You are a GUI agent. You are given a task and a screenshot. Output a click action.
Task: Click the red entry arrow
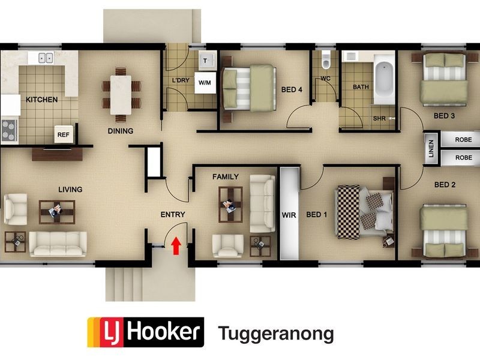pos(176,245)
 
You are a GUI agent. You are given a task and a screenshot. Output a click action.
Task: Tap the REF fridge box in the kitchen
pos(64,135)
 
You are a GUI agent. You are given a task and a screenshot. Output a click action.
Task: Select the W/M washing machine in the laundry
pos(204,83)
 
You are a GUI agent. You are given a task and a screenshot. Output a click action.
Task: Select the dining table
pos(121,94)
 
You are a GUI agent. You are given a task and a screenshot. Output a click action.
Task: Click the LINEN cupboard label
pos(431,149)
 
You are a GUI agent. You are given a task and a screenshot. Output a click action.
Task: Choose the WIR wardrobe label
pos(289,215)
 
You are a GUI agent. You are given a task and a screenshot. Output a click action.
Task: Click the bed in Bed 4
pos(247,87)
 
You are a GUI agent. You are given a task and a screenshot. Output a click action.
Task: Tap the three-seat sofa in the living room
pos(58,244)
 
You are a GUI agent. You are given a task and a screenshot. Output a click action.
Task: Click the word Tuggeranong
pos(275,334)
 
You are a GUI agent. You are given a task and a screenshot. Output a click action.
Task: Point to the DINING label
pos(120,131)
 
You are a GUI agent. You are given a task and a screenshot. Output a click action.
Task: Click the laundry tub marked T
pos(207,60)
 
